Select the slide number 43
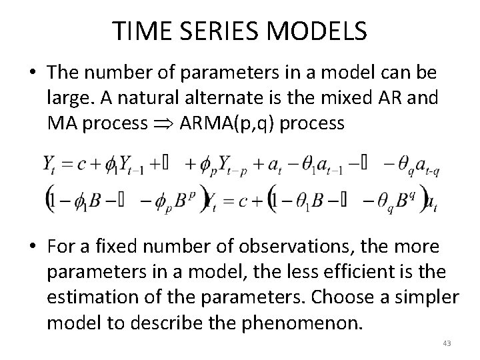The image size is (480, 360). [447, 343]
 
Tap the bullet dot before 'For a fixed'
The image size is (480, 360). [33, 247]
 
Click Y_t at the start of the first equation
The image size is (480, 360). [49, 165]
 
